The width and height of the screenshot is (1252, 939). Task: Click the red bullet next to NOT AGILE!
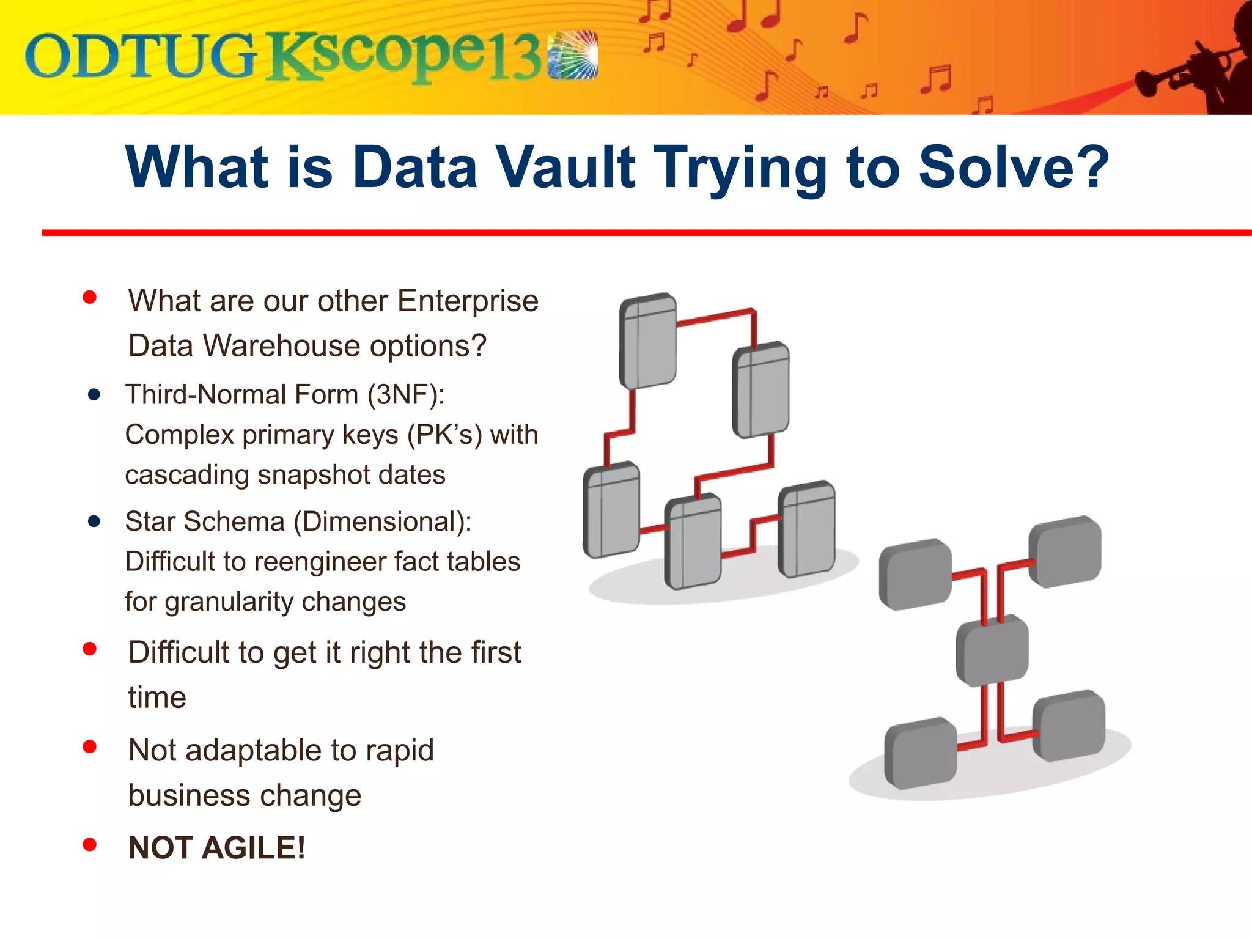point(90,844)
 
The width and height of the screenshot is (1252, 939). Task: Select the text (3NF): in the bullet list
point(406,394)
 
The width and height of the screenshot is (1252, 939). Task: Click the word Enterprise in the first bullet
point(468,301)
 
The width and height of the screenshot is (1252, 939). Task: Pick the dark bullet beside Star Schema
point(94,521)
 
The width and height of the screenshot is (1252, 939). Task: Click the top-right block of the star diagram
point(1065,552)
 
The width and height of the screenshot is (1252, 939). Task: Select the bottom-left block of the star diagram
point(921,754)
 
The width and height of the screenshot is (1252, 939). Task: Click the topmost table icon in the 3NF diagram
point(647,341)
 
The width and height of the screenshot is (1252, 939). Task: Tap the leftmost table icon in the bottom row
point(611,510)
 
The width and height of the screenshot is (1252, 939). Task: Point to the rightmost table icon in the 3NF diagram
point(806,529)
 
